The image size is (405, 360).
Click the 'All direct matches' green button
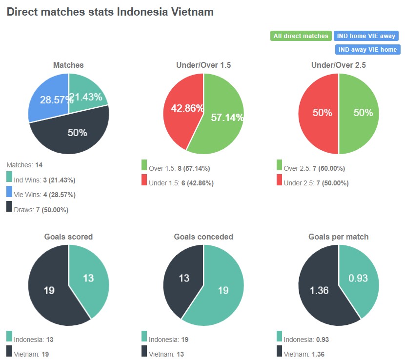click(301, 36)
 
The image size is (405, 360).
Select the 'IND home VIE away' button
click(366, 36)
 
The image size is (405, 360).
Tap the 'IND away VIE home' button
click(367, 50)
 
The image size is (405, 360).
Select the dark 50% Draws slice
click(73, 134)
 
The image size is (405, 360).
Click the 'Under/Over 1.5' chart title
click(203, 65)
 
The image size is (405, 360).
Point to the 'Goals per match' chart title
click(339, 237)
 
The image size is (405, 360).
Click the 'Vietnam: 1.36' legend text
click(304, 354)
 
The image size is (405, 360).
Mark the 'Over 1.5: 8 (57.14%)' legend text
click(179, 169)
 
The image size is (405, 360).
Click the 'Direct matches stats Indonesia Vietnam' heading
click(110, 12)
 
